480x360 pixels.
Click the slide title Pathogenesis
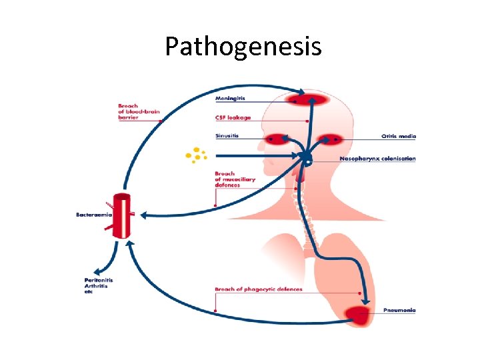[243, 47]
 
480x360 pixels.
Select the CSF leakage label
[233, 118]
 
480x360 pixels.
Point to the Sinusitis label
[228, 136]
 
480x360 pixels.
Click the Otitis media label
[399, 136]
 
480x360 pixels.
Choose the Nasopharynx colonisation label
[377, 159]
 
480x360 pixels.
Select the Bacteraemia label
[94, 215]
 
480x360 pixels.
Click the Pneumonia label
[400, 311]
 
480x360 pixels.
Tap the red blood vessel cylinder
[123, 215]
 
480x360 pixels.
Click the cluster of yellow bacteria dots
[196, 155]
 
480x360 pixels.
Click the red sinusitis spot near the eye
[275, 140]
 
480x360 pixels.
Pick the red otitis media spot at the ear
[329, 140]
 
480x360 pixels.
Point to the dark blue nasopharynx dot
[306, 158]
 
